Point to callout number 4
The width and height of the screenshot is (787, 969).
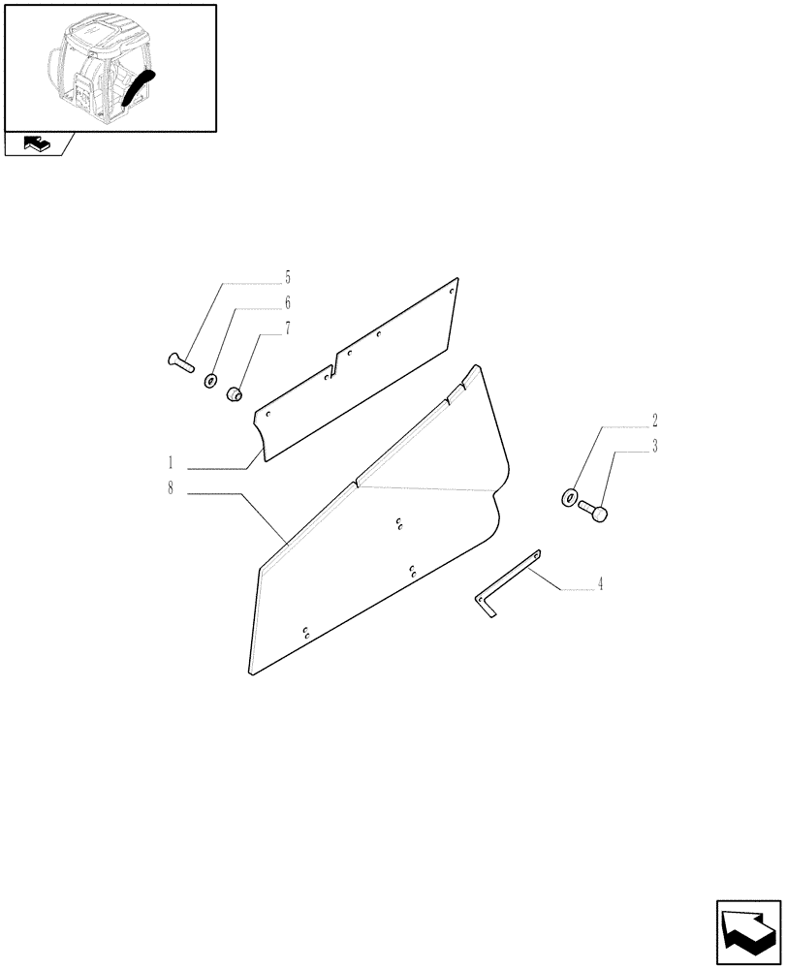pos(601,584)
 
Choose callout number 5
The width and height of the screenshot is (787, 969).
pos(287,276)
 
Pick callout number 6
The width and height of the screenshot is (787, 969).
pos(287,303)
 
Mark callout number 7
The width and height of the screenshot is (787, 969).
pos(287,329)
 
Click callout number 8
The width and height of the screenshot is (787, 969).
pos(171,488)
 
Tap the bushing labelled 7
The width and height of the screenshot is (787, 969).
pos(234,392)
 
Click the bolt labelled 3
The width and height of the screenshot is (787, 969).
pos(594,511)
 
